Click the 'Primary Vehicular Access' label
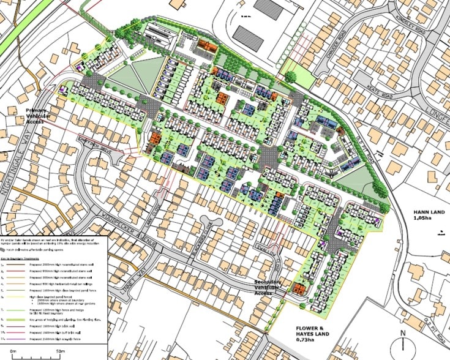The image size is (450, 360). coord(40,115)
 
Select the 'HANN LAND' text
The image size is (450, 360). coord(422,212)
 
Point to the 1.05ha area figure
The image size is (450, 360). coord(422,219)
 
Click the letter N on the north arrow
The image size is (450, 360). coord(403,334)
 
